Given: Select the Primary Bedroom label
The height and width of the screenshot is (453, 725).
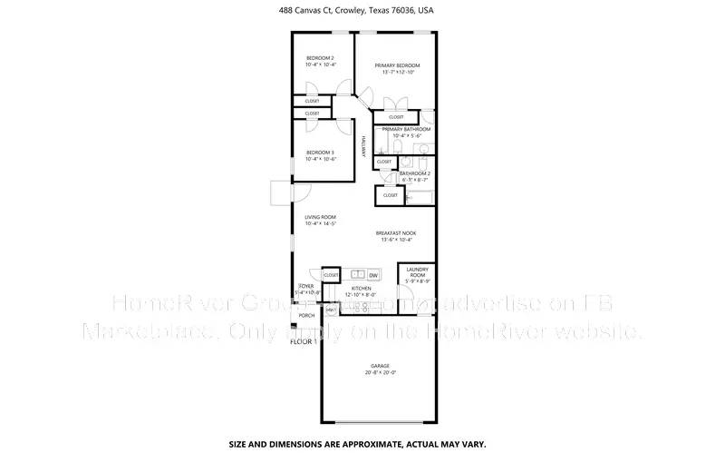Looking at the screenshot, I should pyautogui.click(x=398, y=65).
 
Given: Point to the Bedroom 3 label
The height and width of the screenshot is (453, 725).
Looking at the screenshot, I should pyautogui.click(x=320, y=152).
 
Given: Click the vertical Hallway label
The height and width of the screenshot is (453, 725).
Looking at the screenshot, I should pyautogui.click(x=363, y=147).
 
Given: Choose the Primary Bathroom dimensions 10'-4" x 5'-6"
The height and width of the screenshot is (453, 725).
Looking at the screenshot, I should pyautogui.click(x=400, y=136).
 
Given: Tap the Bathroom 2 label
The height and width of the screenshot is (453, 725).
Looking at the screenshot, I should pyautogui.click(x=415, y=172).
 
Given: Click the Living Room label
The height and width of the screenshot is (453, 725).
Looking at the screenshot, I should pyautogui.click(x=320, y=217).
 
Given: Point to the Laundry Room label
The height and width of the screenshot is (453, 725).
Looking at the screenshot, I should pyautogui.click(x=417, y=271).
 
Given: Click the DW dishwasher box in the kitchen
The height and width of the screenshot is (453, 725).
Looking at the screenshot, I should pyautogui.click(x=373, y=274).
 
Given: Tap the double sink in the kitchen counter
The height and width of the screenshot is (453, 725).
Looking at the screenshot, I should pyautogui.click(x=357, y=274).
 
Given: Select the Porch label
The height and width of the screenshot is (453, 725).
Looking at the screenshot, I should pyautogui.click(x=306, y=316).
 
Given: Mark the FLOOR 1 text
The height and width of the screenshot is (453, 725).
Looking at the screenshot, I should pyautogui.click(x=303, y=342).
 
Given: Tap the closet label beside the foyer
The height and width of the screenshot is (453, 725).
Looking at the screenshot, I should pyautogui.click(x=331, y=274).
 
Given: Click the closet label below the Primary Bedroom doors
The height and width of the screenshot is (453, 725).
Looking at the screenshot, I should pyautogui.click(x=396, y=117).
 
